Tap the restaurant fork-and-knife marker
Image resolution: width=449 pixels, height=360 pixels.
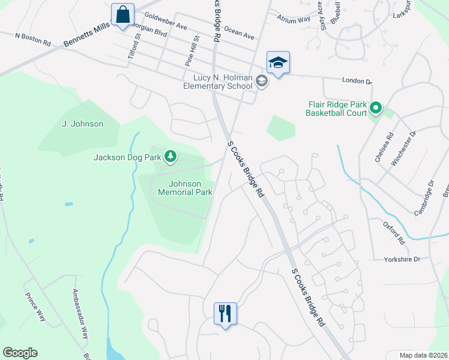(225, 313)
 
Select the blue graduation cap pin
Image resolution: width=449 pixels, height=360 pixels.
(278, 62)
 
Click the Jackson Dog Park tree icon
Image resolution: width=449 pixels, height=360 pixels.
(171, 157)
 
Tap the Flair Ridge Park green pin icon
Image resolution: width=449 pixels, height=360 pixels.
(376, 108)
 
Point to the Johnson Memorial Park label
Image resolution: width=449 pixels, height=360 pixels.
(185, 188)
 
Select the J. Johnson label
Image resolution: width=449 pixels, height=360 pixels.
(82, 124)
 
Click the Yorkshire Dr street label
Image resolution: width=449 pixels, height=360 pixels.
(403, 260)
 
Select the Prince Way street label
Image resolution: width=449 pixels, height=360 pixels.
(35, 307)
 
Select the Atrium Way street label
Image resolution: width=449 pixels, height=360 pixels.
(294, 19)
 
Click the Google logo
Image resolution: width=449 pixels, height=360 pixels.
(20, 353)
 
